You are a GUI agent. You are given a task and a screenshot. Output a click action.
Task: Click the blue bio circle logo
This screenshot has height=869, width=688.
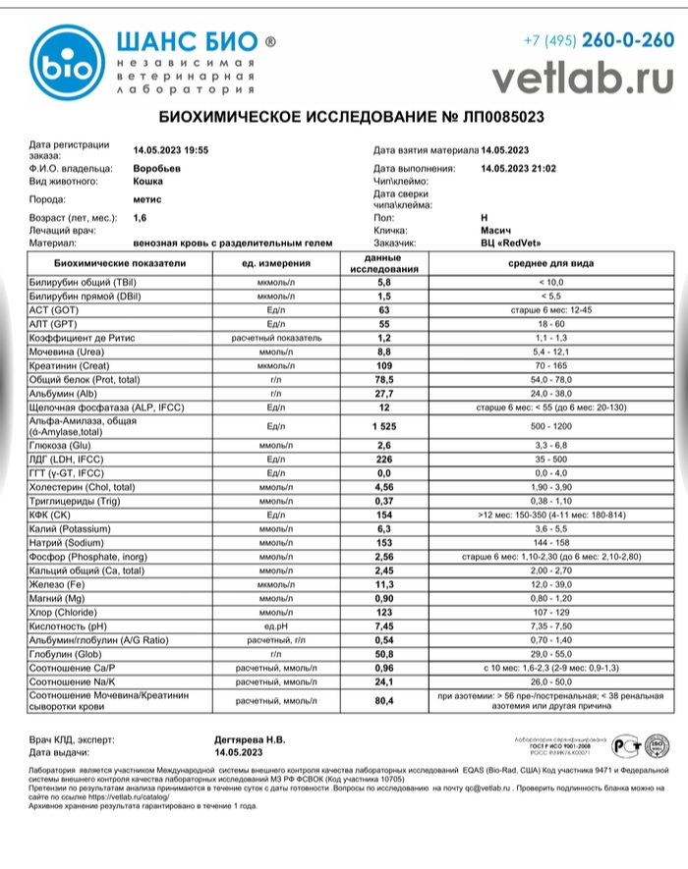(x=64, y=64)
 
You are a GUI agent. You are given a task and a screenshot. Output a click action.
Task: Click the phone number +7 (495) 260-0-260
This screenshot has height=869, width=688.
(x=599, y=40)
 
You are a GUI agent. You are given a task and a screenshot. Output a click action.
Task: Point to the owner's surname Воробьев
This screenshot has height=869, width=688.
(x=157, y=169)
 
